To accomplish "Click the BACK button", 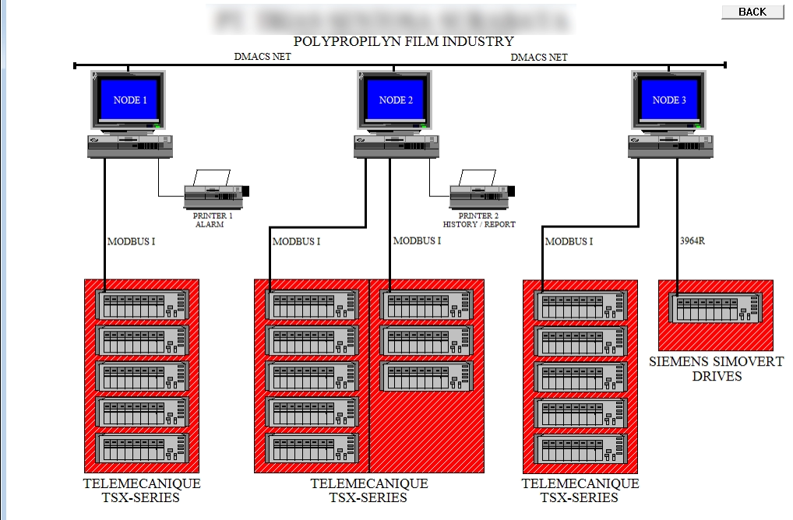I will (x=752, y=12).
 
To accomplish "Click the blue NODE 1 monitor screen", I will (x=130, y=100).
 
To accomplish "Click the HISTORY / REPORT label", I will (x=479, y=224).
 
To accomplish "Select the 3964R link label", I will (x=693, y=241).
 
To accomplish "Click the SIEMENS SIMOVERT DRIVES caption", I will (x=696, y=369).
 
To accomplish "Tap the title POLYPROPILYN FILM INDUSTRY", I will (x=404, y=41).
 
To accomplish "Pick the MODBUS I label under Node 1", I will (x=131, y=241).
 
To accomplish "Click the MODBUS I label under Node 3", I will (x=569, y=241).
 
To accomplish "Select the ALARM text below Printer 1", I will (x=210, y=224).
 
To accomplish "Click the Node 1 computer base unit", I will (x=130, y=146).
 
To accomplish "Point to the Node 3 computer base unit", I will (x=671, y=146).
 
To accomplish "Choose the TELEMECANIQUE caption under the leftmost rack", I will (x=142, y=483).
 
